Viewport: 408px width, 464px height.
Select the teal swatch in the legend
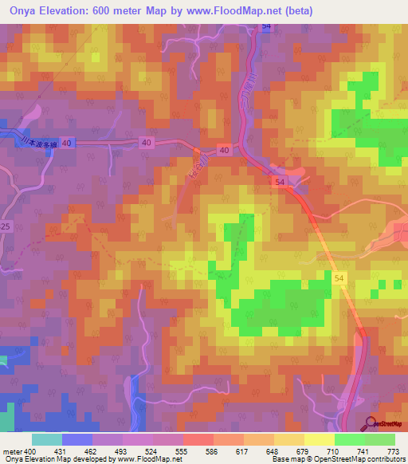click(x=46, y=439)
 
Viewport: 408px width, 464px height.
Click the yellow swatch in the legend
click(x=319, y=439)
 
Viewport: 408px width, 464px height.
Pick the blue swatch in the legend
click(x=76, y=439)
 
